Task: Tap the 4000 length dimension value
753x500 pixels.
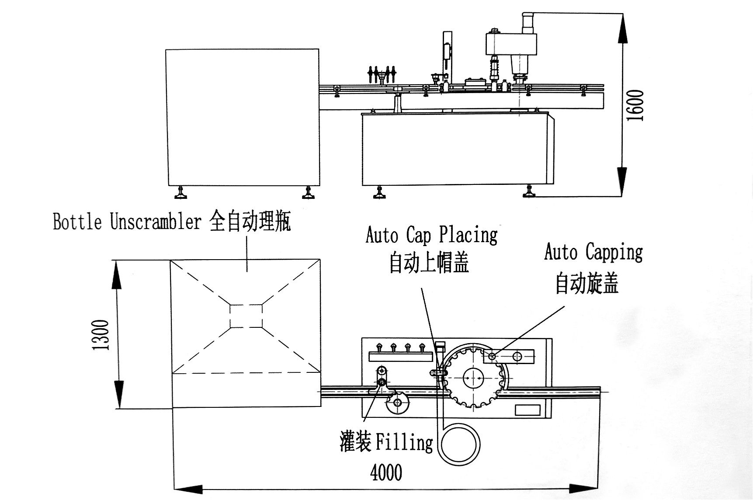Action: tap(386, 472)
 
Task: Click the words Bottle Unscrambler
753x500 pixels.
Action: tap(127, 222)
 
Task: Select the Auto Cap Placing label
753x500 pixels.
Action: tap(431, 236)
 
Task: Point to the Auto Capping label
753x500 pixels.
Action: tap(593, 252)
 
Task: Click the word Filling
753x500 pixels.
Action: tap(404, 442)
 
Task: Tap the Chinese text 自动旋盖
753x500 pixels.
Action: tap(587, 283)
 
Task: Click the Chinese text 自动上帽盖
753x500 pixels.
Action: tap(429, 263)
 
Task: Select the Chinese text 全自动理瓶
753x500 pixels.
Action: tap(250, 221)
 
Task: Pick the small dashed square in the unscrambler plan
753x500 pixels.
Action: tap(246, 316)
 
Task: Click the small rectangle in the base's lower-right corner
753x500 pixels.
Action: tap(527, 410)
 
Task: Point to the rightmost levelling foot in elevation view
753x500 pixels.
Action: tap(530, 191)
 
